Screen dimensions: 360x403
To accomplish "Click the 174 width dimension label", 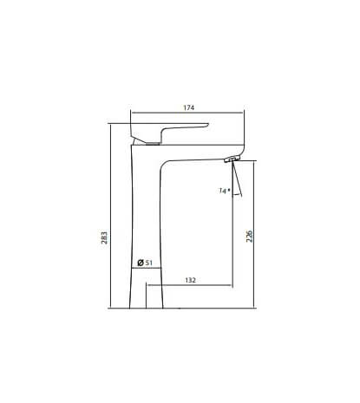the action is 189,107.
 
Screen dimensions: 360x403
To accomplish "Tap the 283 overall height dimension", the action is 104,237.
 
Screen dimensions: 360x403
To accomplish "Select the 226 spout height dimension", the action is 249,237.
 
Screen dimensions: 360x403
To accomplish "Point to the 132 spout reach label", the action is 190,280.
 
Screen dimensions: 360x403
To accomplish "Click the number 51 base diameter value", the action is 148,263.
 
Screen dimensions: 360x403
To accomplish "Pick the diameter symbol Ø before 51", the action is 141,263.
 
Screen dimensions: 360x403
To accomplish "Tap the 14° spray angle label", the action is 225,191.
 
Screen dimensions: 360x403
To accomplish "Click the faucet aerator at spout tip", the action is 232,159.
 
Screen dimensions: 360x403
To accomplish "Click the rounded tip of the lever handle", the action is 207,125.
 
